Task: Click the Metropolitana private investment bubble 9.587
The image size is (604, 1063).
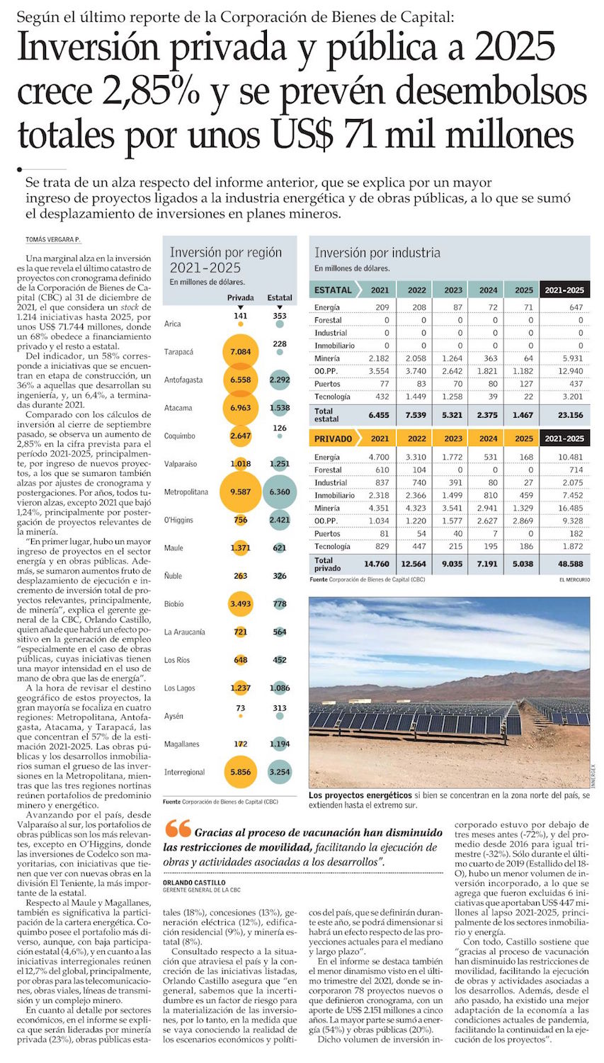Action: coord(241,491)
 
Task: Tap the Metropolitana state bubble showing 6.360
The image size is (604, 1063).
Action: coord(280,491)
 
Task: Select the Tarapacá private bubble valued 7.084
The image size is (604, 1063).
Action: coord(241,351)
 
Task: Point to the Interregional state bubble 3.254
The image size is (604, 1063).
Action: coord(280,772)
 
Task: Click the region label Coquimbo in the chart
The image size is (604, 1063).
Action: coord(180,436)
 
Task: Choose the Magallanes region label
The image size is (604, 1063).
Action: coord(182,744)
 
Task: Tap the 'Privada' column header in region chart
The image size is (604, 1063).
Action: coord(241,297)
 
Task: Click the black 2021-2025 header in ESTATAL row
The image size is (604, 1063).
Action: coord(564,290)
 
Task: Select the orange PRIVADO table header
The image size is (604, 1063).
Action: coord(333,438)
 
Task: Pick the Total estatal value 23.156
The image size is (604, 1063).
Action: coord(570,415)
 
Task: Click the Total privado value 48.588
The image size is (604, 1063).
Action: coord(570,564)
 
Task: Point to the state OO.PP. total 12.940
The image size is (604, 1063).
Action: coord(570,371)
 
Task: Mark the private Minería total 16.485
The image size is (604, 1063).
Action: coord(570,508)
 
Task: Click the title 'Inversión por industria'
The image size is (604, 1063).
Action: coord(377,253)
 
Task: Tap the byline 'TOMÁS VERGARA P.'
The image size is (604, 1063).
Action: coord(53,240)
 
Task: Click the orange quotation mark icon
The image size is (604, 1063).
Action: coord(178,828)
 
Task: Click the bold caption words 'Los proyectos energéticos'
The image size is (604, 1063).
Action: coord(360,796)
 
